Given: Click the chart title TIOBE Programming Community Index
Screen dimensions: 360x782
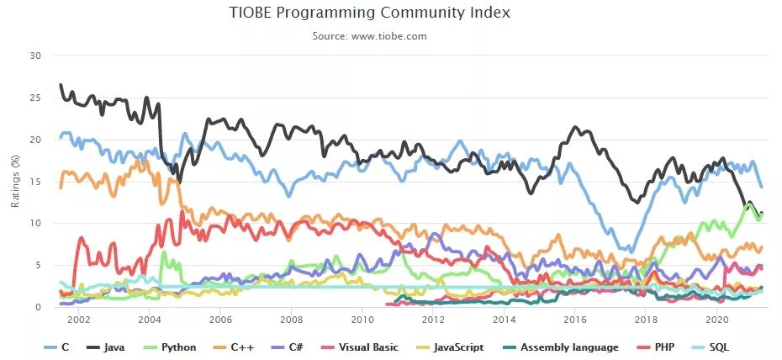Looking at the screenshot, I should [370, 13].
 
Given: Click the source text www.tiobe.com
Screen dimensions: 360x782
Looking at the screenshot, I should [370, 36].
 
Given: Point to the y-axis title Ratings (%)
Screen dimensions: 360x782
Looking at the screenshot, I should [14, 181].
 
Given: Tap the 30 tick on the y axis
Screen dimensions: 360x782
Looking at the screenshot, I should [34, 56].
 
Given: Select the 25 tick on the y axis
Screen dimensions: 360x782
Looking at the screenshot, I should [34, 98].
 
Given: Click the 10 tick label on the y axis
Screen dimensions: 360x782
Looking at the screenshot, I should [34, 223].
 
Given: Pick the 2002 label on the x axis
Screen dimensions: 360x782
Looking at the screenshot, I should [78, 320].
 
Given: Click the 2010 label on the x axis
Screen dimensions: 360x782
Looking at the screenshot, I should [362, 320].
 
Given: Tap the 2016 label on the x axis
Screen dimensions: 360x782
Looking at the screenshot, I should [575, 320].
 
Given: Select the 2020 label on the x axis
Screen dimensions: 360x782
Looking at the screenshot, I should [717, 320].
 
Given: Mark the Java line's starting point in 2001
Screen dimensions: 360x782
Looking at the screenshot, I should [60, 85].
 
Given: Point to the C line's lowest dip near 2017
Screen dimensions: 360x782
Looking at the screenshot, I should [628, 251].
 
